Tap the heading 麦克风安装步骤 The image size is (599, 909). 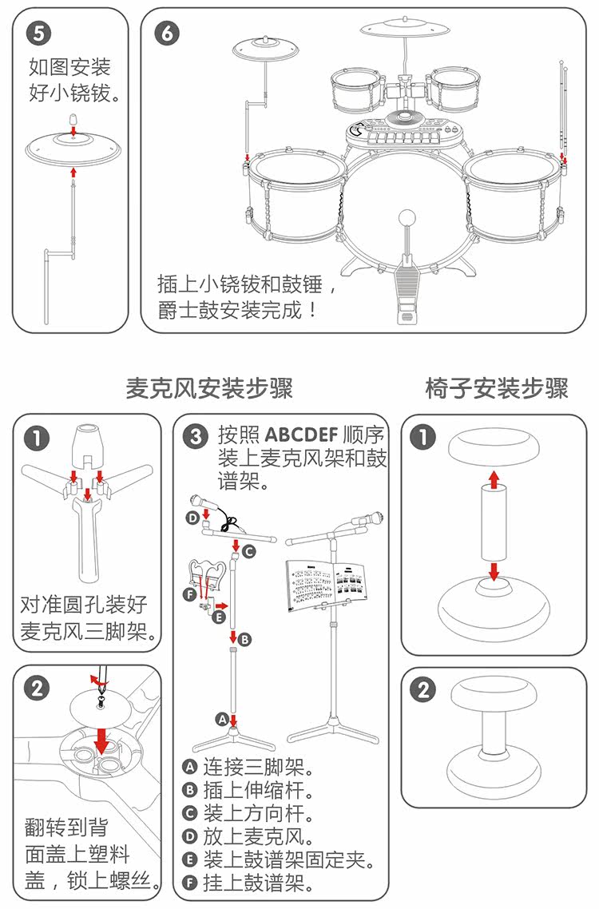coord(209,389)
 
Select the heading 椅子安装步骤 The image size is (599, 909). coord(496,389)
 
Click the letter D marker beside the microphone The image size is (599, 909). coord(192,518)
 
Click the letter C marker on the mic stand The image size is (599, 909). coord(249,550)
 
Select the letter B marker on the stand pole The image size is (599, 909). coord(246,639)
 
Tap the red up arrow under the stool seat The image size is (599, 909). coord(494,479)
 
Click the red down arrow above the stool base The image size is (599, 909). coord(494,570)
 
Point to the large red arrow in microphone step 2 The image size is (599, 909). coord(101,739)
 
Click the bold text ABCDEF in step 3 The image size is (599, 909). coord(300,436)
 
